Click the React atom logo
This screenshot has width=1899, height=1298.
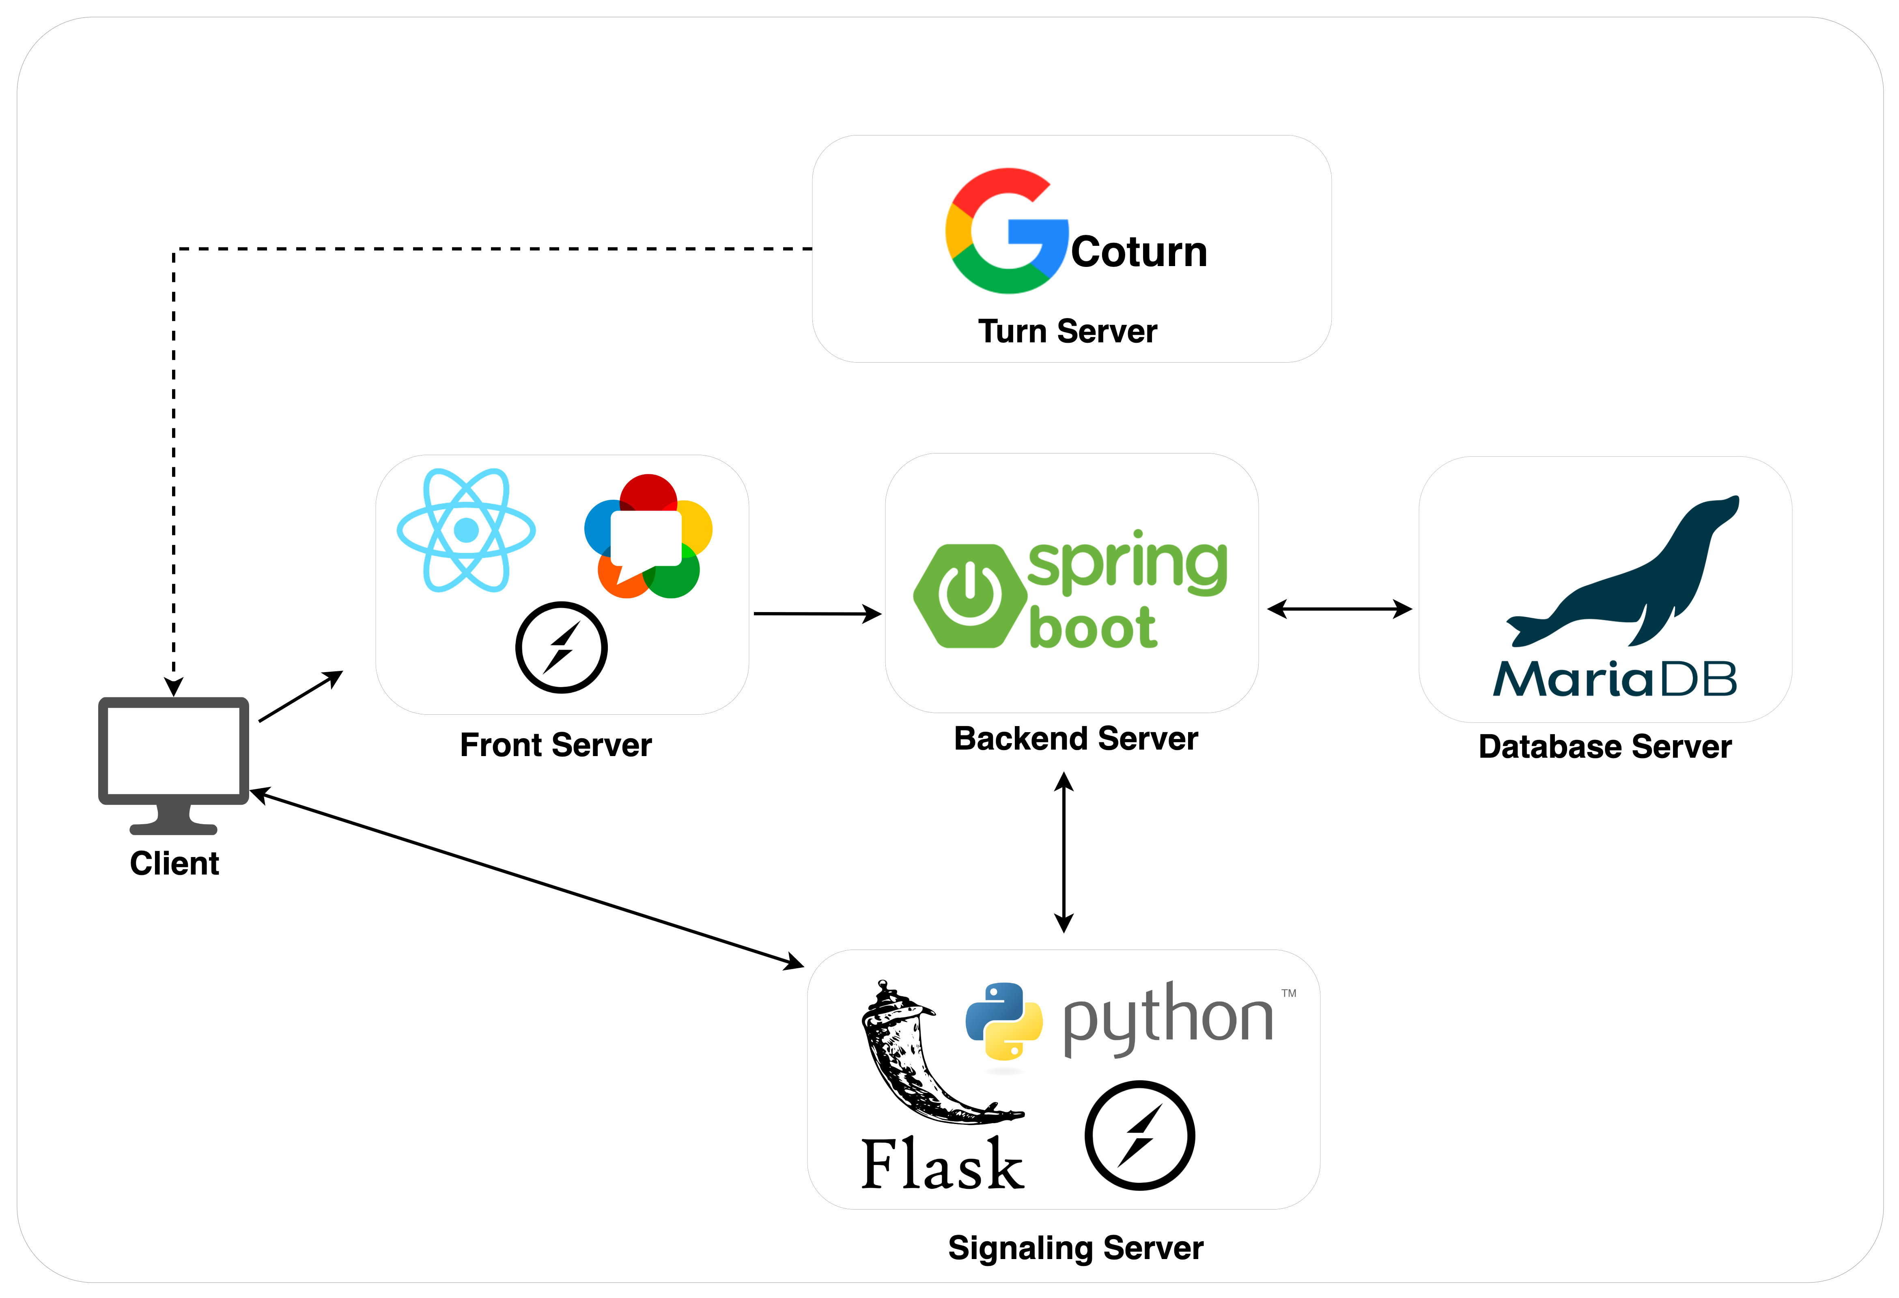point(466,530)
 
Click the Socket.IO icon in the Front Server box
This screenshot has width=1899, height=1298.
point(561,648)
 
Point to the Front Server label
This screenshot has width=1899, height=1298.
point(555,745)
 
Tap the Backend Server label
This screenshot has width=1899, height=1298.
point(1075,739)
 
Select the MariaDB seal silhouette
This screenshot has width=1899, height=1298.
point(1626,580)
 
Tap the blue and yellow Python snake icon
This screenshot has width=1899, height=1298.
point(1003,1021)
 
